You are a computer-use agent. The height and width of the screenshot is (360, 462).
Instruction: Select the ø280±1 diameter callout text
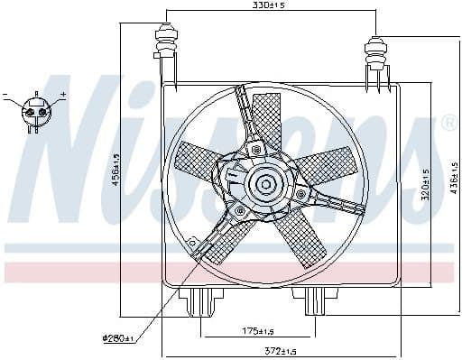tap(117, 339)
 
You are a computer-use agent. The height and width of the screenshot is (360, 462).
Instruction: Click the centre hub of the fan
tap(265, 186)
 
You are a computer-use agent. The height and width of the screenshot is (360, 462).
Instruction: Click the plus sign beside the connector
tap(63, 93)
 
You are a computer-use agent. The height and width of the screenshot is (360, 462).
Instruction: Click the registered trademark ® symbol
tap(448, 125)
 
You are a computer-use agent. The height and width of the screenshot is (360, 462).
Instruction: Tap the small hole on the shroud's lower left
tap(192, 241)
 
